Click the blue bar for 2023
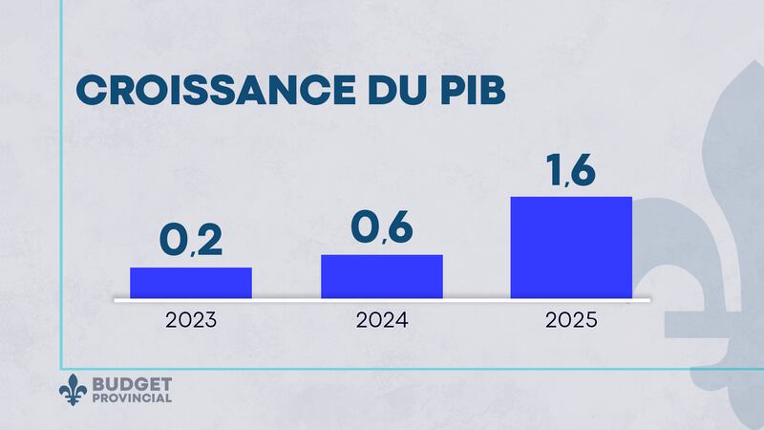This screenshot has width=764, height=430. pyautogui.click(x=191, y=283)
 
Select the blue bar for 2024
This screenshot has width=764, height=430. pyautogui.click(x=382, y=276)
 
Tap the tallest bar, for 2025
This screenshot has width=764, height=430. pyautogui.click(x=571, y=247)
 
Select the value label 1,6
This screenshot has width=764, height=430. pyautogui.click(x=571, y=169)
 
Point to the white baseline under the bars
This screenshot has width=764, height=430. pyautogui.click(x=382, y=300)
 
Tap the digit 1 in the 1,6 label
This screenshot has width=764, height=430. pyautogui.click(x=553, y=169)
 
